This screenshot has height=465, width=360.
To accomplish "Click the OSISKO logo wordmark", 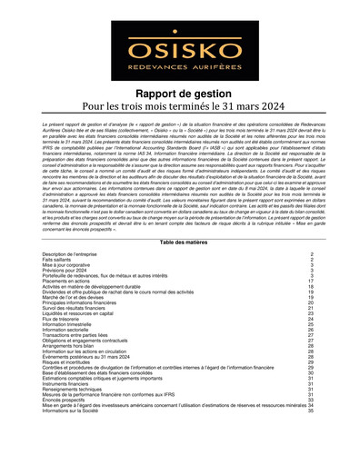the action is pyautogui.click(x=179, y=43).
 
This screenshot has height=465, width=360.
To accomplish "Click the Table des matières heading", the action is pyautogui.click(x=179, y=244).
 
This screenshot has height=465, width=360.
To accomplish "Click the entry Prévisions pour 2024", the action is pyautogui.click(x=69, y=272).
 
